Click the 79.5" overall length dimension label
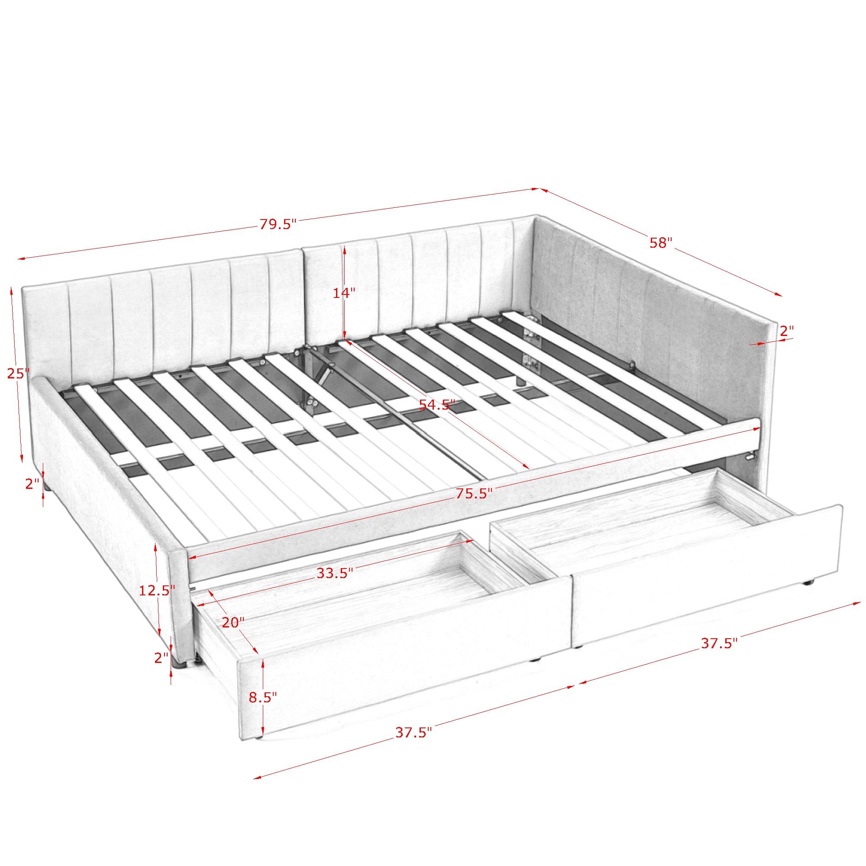(x=278, y=224)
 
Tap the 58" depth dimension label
(x=661, y=243)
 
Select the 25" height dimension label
(x=18, y=373)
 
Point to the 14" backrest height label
(x=344, y=293)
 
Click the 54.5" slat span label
(x=436, y=405)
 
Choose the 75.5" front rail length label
(x=474, y=494)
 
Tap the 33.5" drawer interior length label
(x=335, y=573)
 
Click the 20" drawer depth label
(x=233, y=623)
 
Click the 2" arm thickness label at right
(x=787, y=331)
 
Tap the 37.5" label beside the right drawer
(x=719, y=644)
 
